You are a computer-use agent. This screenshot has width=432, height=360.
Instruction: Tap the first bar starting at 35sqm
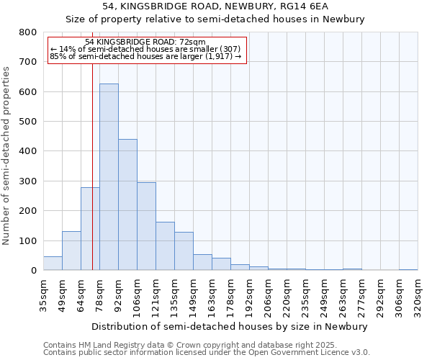click(x=53, y=264)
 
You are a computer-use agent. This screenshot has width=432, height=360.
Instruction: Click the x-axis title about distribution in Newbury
click(x=230, y=326)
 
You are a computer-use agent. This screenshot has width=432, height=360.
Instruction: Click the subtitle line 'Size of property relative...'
click(x=216, y=19)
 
